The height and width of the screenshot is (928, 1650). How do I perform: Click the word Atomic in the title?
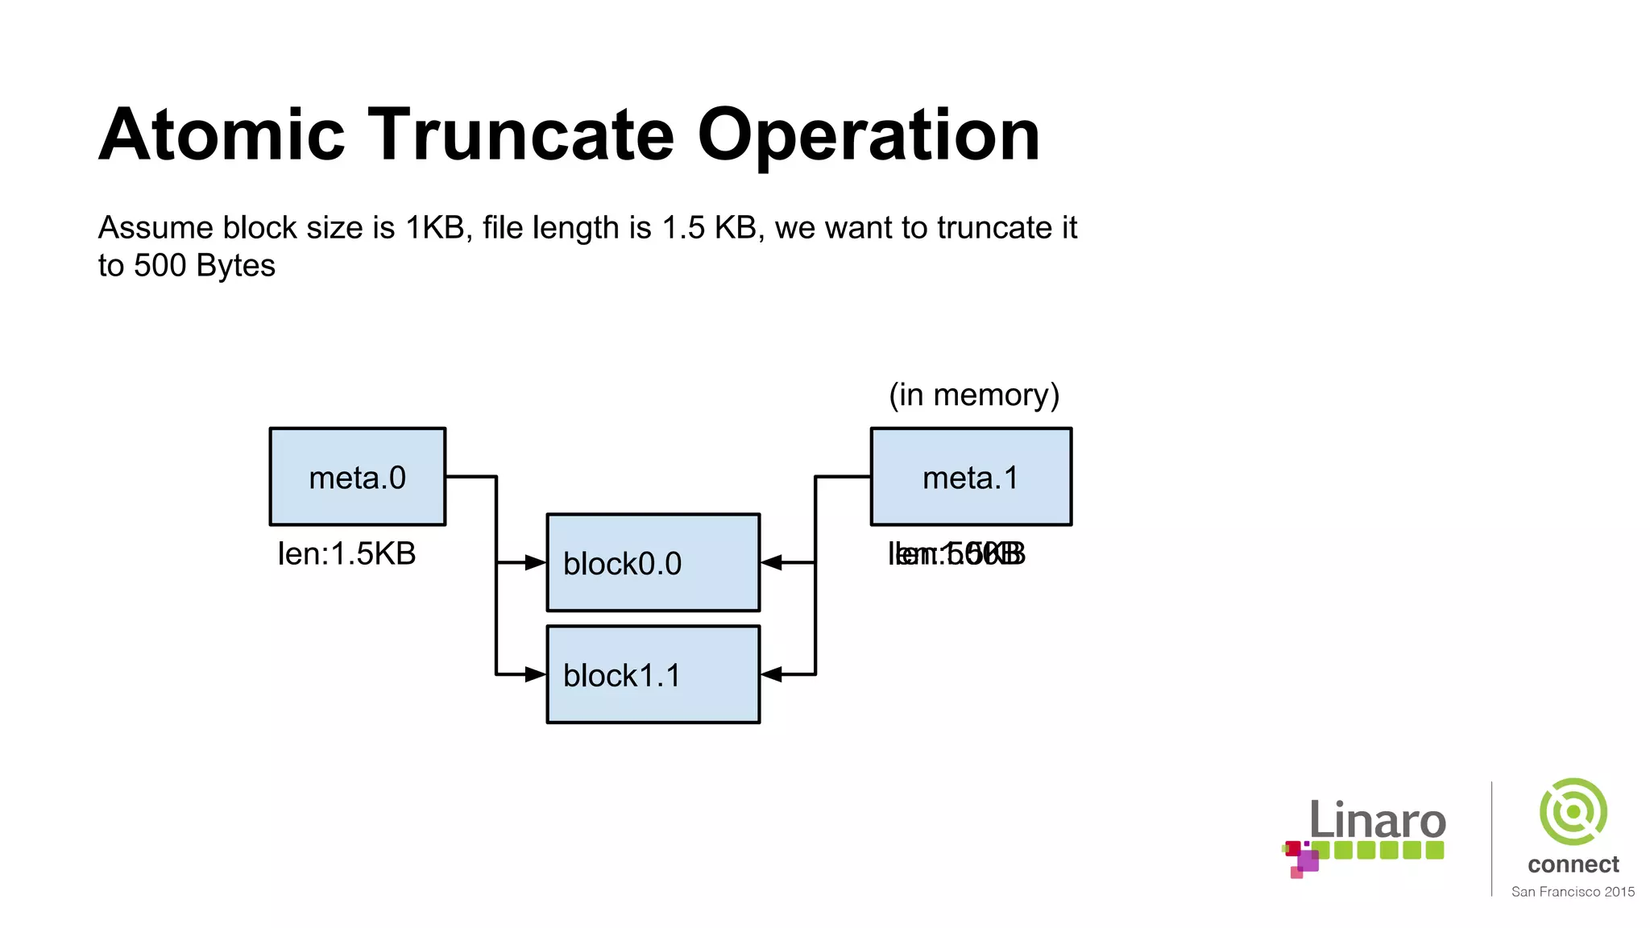(222, 135)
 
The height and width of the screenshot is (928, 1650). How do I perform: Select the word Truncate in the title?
(520, 135)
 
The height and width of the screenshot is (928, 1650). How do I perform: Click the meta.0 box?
(357, 477)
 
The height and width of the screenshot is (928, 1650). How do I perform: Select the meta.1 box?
(971, 477)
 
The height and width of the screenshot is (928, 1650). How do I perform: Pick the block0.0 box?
(653, 562)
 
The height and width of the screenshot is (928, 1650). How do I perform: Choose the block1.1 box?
(653, 674)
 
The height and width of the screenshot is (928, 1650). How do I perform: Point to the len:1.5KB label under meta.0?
(346, 554)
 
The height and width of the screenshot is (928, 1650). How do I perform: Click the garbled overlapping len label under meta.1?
(956, 554)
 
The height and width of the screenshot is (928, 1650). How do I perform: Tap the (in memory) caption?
(973, 395)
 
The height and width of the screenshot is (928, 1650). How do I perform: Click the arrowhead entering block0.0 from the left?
(536, 562)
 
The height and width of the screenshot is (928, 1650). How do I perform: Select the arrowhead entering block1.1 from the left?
(536, 674)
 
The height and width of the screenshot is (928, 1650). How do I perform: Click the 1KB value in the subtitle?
(435, 228)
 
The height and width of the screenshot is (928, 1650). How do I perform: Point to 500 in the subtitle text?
(160, 266)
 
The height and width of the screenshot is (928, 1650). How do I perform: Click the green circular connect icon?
(1573, 811)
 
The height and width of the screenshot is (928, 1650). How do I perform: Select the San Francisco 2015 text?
(1573, 892)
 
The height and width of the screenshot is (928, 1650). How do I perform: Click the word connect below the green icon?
(1573, 864)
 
